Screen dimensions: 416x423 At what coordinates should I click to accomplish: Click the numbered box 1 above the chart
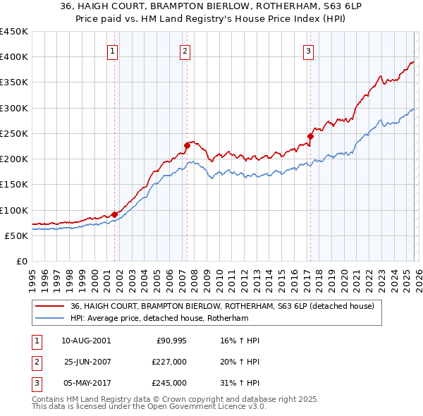(113, 50)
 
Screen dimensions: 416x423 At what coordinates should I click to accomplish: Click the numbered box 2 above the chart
(185, 50)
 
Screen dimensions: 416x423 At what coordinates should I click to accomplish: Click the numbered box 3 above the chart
(309, 50)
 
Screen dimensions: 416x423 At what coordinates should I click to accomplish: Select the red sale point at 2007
(187, 146)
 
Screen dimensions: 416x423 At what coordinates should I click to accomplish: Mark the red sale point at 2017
(310, 136)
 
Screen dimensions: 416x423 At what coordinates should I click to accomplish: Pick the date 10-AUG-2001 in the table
(86, 341)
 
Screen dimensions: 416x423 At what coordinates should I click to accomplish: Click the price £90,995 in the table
(171, 341)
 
